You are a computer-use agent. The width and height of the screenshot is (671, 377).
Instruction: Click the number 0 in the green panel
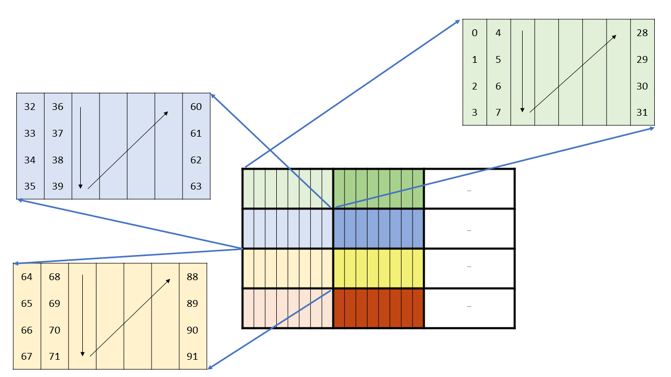click(x=474, y=33)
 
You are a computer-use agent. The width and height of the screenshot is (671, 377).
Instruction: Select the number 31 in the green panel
click(x=642, y=113)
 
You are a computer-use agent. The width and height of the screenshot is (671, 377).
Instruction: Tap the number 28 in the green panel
click(x=642, y=33)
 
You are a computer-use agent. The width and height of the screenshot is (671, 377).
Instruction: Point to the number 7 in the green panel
click(x=498, y=113)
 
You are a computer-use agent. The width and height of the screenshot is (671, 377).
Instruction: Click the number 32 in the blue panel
click(x=30, y=107)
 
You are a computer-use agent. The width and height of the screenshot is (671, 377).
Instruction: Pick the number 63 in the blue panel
click(x=196, y=186)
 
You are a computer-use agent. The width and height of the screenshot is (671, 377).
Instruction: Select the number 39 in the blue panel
click(x=58, y=186)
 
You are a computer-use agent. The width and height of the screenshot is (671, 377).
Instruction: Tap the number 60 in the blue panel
click(x=196, y=107)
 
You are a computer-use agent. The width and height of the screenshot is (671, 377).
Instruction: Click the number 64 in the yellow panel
click(x=27, y=277)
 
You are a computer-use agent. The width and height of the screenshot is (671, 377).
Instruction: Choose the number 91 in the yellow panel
click(x=192, y=357)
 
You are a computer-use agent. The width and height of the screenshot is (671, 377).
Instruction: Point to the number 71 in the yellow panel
click(x=55, y=357)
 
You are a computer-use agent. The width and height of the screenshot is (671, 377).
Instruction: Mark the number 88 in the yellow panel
click(x=192, y=277)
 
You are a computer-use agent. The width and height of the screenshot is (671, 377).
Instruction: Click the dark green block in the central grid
click(x=378, y=188)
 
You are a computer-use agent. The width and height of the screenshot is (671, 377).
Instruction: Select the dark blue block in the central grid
click(x=378, y=228)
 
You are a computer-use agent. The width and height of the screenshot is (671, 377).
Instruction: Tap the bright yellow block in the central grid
click(x=378, y=268)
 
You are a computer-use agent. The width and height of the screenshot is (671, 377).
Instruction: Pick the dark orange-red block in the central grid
click(x=378, y=308)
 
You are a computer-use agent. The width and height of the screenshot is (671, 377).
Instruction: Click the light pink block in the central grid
click(x=287, y=308)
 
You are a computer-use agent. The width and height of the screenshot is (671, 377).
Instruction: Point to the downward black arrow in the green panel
click(x=522, y=71)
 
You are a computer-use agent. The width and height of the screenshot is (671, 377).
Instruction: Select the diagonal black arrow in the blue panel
click(x=127, y=150)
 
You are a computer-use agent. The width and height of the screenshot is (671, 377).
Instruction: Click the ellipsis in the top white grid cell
click(x=469, y=191)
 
